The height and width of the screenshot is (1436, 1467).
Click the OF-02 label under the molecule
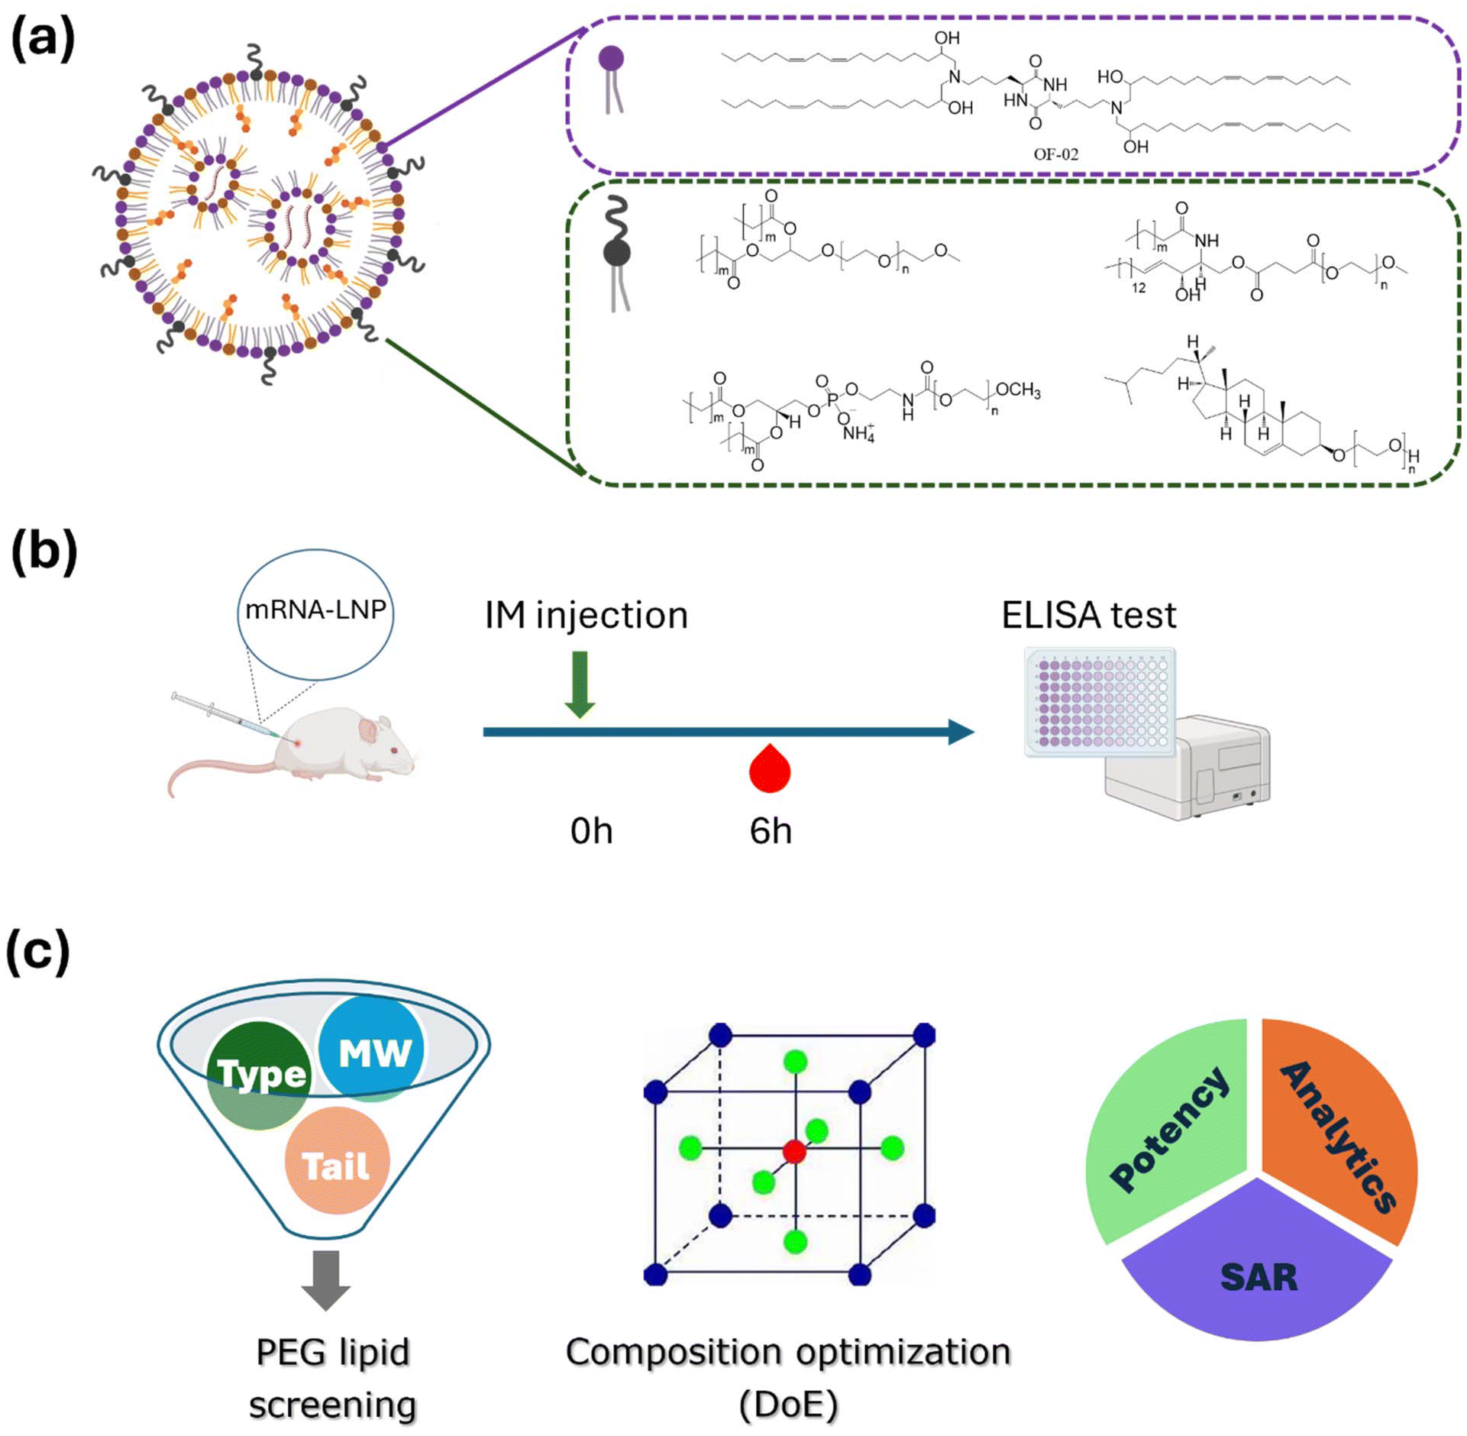(1055, 154)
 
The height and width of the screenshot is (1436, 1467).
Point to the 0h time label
(591, 831)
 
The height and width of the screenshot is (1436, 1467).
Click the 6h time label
(771, 831)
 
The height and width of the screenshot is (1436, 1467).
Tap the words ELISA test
(1088, 615)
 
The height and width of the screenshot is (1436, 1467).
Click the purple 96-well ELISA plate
(1100, 702)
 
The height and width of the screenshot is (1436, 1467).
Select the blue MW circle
(371, 1049)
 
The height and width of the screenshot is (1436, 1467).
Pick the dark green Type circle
(260, 1075)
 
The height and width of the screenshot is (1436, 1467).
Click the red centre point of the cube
(794, 1151)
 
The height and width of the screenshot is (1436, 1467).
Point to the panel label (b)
(44, 551)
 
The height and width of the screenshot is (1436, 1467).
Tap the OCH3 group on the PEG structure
(1018, 390)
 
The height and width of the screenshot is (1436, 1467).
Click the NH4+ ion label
(858, 433)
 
